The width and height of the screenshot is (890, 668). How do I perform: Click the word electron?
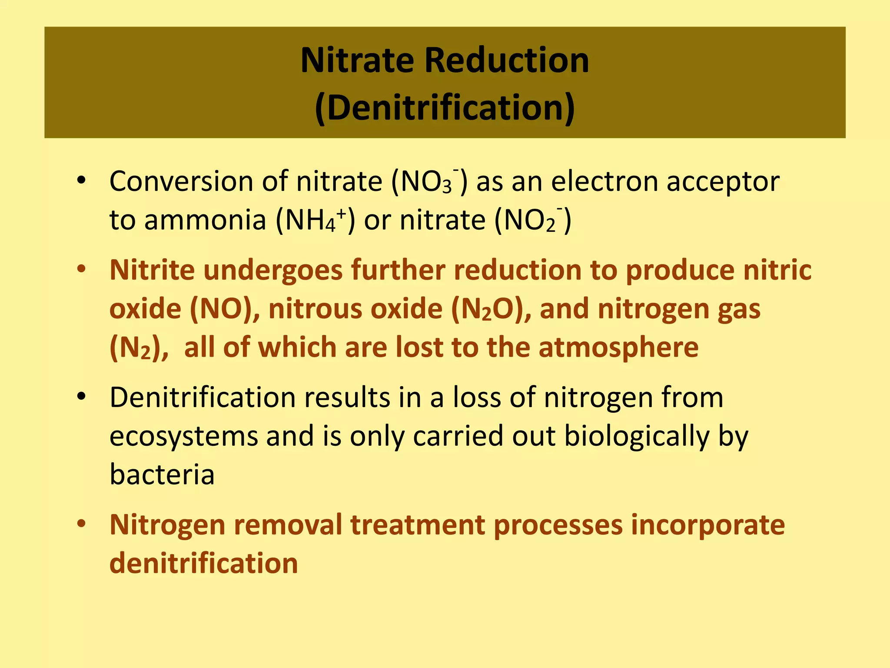point(604,181)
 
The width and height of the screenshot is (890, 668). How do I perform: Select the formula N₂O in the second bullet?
point(487,309)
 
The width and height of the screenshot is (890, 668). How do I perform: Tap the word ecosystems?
point(183,436)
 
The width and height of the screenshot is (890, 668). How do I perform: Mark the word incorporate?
point(708,525)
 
